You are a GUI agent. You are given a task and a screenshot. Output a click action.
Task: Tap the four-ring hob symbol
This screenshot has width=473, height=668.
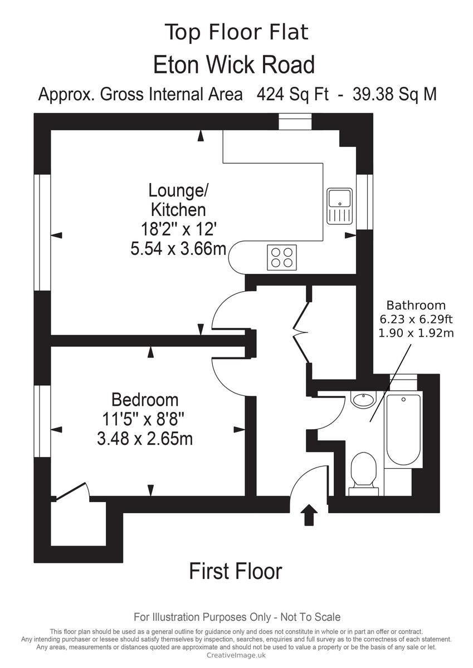point(281,257)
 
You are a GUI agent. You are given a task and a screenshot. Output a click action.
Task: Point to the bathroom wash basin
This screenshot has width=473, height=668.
point(364,400)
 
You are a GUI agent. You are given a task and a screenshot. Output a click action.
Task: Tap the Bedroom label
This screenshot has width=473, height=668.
point(145,400)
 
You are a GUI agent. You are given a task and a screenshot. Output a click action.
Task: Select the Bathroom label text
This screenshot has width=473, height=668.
point(416,305)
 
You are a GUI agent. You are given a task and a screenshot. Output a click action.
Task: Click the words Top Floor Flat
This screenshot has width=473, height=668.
point(236,32)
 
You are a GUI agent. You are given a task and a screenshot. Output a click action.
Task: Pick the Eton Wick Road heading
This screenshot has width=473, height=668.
point(234,65)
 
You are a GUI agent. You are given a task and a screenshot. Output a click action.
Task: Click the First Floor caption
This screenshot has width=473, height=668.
point(236,571)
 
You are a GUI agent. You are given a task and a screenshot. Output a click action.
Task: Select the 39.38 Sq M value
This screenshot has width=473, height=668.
point(394,94)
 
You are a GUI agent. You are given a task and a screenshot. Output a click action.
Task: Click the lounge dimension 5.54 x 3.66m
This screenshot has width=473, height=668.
point(178,248)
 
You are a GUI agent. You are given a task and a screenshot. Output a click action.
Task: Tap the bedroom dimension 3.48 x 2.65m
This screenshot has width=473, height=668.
point(145,439)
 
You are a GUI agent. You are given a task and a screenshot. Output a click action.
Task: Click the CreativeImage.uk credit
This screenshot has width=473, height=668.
point(236,656)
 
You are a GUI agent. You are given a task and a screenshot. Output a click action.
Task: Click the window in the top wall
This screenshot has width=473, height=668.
point(295,121)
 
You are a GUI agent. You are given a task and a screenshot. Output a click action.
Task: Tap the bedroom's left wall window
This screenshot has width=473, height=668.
point(42,421)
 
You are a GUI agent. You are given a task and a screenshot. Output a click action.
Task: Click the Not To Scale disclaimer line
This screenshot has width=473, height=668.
point(237,617)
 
